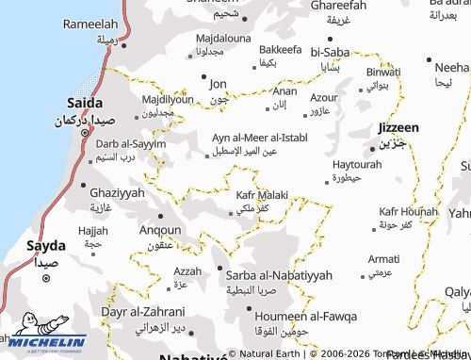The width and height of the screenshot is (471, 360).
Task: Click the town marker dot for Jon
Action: tap(203, 78)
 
